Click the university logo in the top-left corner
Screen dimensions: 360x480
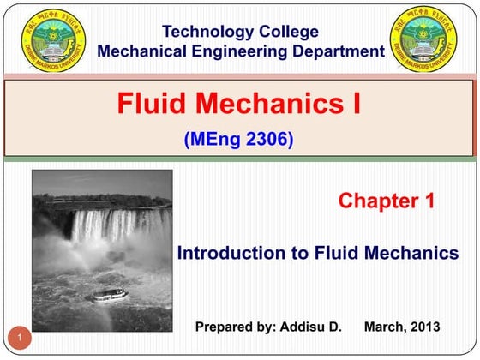[x=56, y=39]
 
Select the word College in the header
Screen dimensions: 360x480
[x=288, y=33]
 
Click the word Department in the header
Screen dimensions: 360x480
[x=338, y=51]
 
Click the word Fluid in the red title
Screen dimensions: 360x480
[x=153, y=105]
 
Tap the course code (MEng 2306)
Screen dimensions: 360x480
[x=239, y=137]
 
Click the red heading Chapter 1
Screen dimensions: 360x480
[x=387, y=201]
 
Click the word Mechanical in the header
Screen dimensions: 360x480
[x=143, y=51]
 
